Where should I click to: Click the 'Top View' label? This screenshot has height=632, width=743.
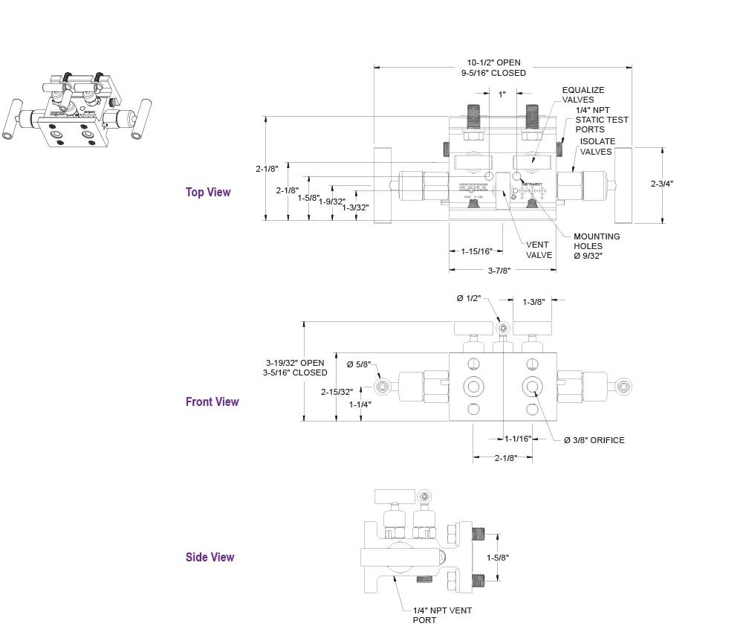point(208,192)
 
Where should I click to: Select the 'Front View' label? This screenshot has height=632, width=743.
point(212,402)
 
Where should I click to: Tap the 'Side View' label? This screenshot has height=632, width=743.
point(210,557)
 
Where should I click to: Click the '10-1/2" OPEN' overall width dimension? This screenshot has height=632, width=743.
point(493,62)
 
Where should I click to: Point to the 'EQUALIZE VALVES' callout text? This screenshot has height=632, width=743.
point(583,94)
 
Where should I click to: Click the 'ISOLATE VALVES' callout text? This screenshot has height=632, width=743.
point(597,146)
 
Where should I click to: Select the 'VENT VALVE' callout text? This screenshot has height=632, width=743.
point(539,249)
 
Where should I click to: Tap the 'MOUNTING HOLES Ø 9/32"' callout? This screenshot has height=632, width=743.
point(597,246)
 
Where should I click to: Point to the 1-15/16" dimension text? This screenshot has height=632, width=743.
point(476,251)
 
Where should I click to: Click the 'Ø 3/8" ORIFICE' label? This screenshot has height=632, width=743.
point(594,440)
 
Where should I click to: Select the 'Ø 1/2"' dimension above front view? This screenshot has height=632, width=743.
point(469,298)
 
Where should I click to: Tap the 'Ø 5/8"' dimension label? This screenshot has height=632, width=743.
point(359,364)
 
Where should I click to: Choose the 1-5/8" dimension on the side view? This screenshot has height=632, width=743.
point(498,557)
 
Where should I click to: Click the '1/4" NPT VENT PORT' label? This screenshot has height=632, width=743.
point(442,615)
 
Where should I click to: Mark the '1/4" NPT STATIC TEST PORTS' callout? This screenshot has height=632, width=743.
point(601,120)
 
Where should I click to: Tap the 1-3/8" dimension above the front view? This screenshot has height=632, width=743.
point(534,302)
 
